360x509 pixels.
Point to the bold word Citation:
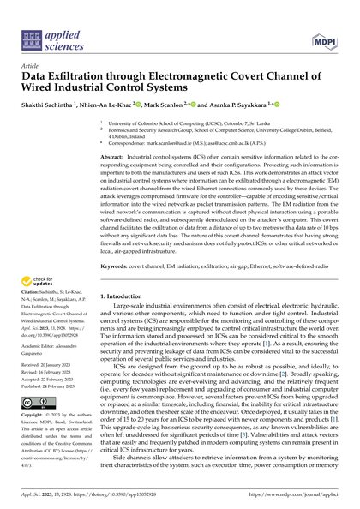click(32, 298)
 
